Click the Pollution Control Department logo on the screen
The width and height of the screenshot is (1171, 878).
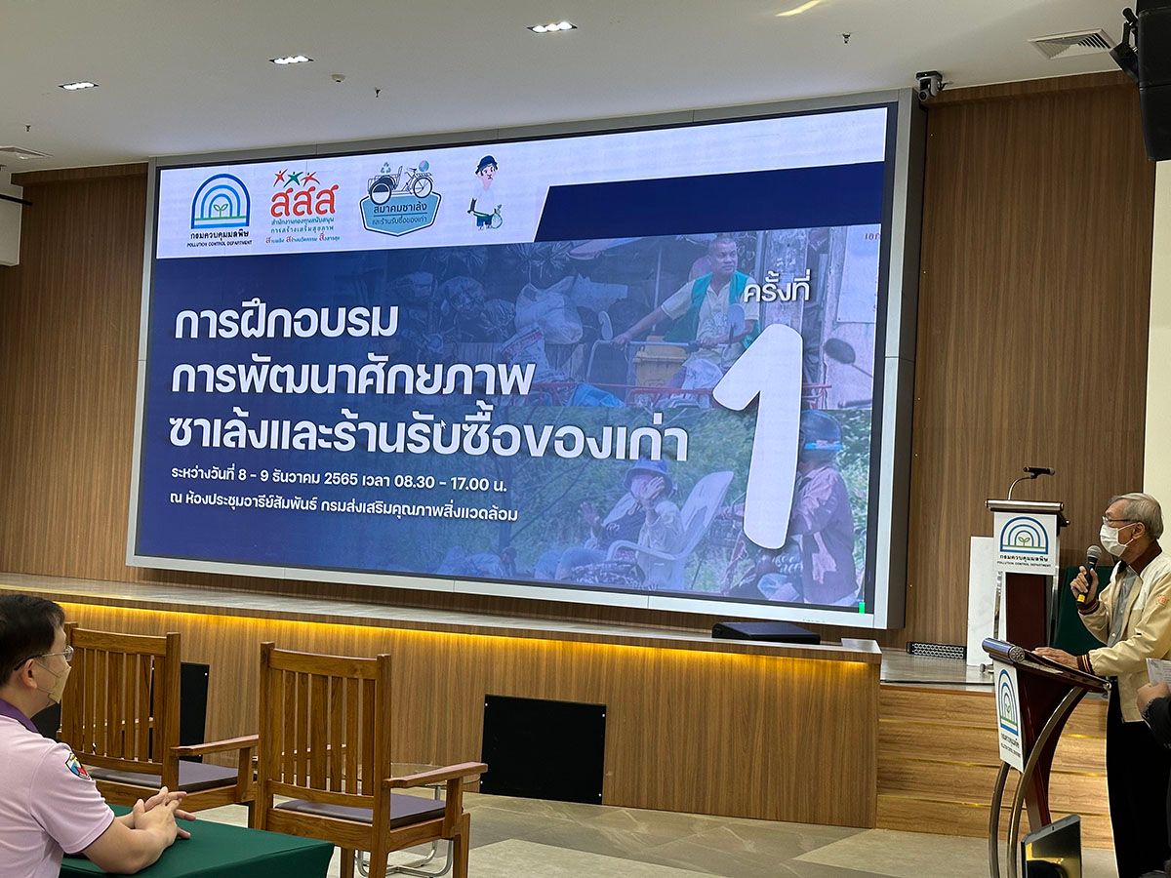pos(220,207)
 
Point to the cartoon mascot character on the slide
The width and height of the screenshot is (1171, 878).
pos(485,192)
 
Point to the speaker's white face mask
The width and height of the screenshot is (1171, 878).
pos(1113,539)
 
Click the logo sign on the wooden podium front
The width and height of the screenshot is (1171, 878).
pos(1024,539)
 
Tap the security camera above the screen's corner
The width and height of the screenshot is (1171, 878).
pos(927,85)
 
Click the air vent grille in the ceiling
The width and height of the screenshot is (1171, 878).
pos(1071,43)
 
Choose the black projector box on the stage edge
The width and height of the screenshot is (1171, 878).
pos(765,632)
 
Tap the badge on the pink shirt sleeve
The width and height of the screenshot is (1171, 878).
pos(77,766)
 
